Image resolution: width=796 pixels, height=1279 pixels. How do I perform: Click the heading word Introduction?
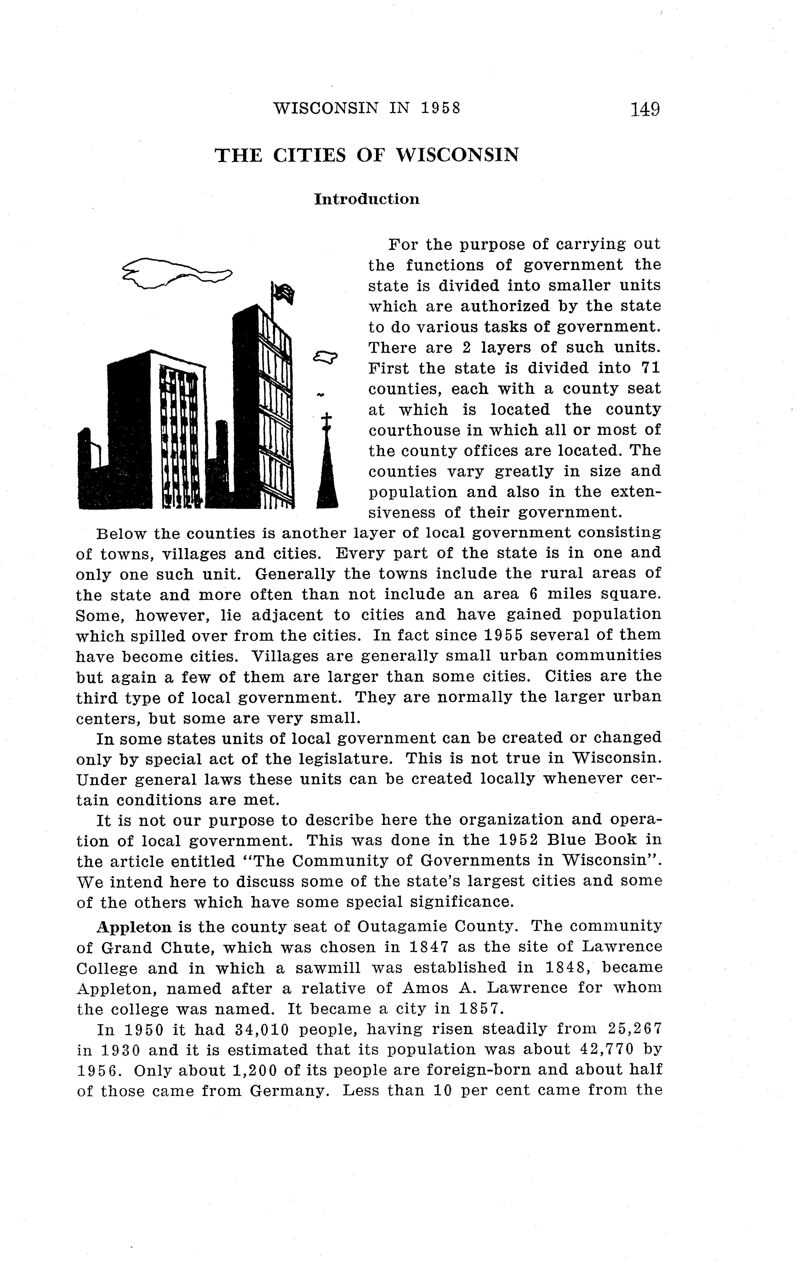367,199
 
